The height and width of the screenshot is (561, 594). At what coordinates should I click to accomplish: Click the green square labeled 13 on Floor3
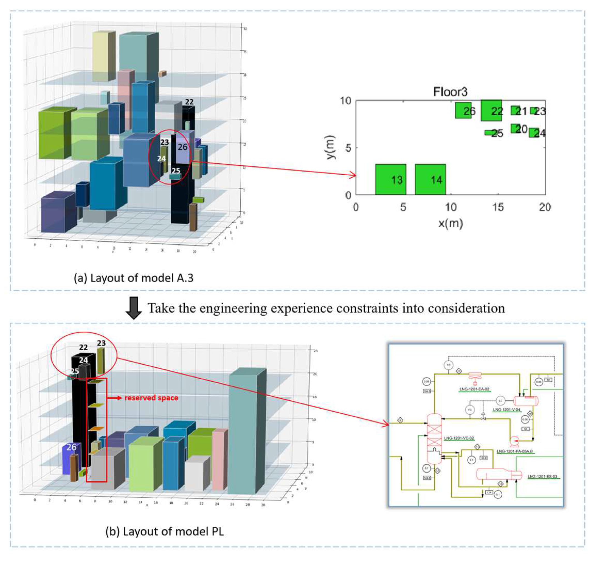tap(390, 179)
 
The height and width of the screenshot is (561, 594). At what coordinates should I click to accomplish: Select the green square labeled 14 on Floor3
tap(430, 179)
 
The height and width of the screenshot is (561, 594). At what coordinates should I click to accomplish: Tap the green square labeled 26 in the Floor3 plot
tap(463, 110)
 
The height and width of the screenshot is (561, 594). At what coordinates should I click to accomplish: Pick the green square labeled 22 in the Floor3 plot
tap(491, 110)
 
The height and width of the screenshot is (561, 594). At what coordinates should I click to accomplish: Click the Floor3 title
tap(450, 91)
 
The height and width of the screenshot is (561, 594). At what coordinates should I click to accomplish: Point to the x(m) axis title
tap(450, 223)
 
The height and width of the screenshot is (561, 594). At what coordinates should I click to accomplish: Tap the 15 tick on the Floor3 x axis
tap(498, 207)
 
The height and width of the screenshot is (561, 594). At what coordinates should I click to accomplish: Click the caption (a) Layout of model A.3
tap(134, 278)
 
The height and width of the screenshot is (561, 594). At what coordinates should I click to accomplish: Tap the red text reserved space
tap(151, 398)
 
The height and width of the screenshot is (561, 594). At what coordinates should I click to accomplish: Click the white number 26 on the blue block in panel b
tap(71, 447)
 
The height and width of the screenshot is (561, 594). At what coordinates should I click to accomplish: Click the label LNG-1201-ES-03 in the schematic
tap(542, 477)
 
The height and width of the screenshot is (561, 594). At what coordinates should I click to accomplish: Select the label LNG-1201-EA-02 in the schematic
tap(474, 389)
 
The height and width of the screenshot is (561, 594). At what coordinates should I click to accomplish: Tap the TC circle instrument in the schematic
tap(449, 365)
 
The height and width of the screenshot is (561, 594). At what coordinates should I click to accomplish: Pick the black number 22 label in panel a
tap(189, 102)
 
